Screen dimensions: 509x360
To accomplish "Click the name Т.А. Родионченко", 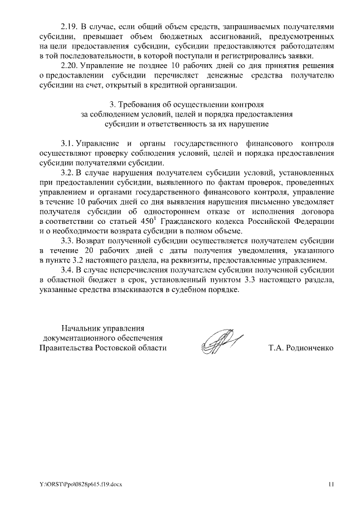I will coord(301,348).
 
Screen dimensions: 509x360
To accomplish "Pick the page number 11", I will coord(331,484).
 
